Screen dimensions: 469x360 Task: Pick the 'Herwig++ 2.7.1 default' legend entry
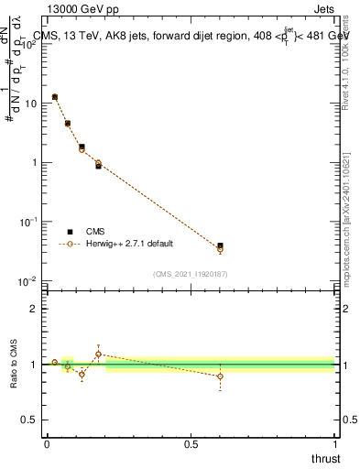click(x=127, y=244)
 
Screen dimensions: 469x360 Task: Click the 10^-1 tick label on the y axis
click(x=27, y=222)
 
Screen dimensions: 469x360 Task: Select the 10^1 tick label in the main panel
click(x=29, y=104)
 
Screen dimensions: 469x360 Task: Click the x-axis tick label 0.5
click(x=191, y=444)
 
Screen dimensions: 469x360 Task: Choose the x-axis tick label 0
click(x=47, y=444)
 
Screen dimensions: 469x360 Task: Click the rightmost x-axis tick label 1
click(x=334, y=444)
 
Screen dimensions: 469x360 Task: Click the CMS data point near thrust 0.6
click(x=220, y=245)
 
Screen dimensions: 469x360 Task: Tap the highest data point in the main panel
click(x=55, y=96)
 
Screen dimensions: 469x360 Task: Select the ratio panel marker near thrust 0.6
click(x=220, y=376)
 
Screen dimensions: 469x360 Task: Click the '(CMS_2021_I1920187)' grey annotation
click(x=191, y=274)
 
